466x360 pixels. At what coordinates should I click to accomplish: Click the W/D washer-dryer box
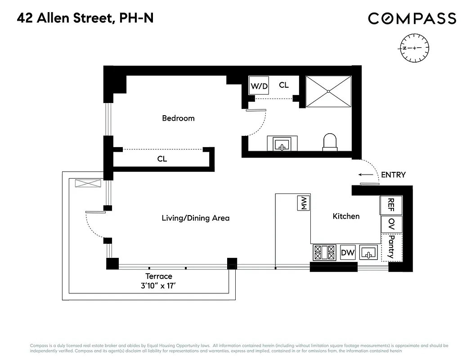pos(259,85)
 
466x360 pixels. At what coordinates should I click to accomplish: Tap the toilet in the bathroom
pos(330,141)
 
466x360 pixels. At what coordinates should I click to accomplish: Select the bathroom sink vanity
pos(282,144)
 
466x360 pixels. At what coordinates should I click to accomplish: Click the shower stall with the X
pos(328,91)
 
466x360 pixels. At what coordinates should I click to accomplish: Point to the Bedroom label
pos(178,118)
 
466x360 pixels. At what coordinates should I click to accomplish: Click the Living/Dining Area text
pos(195,218)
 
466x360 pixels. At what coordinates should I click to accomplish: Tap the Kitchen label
pos(346,216)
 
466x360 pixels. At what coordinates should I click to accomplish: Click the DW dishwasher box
pos(348,253)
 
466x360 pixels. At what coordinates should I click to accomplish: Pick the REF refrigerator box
pos(391,205)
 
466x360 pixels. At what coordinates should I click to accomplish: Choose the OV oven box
pos(391,224)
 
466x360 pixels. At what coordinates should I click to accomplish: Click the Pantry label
pos(391,247)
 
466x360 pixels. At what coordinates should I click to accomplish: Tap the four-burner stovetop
pos(324,252)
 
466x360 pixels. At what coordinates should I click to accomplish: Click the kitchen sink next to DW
pos(368,253)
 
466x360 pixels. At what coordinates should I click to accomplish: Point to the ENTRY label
pos(393,175)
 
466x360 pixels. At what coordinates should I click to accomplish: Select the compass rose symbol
pos(414,48)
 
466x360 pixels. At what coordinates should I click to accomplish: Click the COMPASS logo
pos(412,18)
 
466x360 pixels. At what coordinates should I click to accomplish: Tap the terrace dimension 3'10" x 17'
pos(158,285)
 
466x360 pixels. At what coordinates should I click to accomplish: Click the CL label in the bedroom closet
pos(162,159)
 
